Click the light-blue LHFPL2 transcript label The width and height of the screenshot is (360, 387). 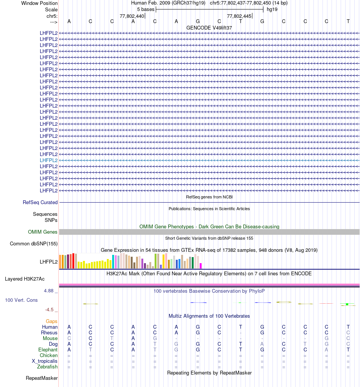(x=49, y=160)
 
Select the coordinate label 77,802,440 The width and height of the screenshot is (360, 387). (x=131, y=16)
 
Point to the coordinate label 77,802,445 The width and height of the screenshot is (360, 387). (x=239, y=16)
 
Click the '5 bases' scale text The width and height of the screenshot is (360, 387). (x=146, y=9)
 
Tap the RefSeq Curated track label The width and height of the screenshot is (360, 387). (x=40, y=203)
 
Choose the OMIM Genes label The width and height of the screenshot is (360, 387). (x=43, y=232)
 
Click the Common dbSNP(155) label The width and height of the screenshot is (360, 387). (x=34, y=243)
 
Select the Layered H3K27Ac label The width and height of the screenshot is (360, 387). (x=25, y=279)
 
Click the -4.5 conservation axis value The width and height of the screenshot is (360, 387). (x=51, y=309)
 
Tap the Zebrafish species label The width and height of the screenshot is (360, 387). (x=47, y=367)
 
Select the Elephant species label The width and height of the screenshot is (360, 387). (x=48, y=350)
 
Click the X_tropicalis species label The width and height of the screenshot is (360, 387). (x=45, y=361)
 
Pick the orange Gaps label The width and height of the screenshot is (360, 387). (x=52, y=321)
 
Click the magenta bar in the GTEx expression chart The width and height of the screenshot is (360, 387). (x=201, y=265)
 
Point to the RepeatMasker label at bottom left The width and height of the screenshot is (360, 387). (x=42, y=378)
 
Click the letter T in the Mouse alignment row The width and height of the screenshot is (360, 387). (x=112, y=338)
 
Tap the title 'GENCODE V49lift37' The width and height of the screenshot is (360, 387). (x=209, y=28)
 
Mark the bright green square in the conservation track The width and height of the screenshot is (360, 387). (x=347, y=304)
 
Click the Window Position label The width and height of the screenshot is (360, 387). (x=39, y=3)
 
